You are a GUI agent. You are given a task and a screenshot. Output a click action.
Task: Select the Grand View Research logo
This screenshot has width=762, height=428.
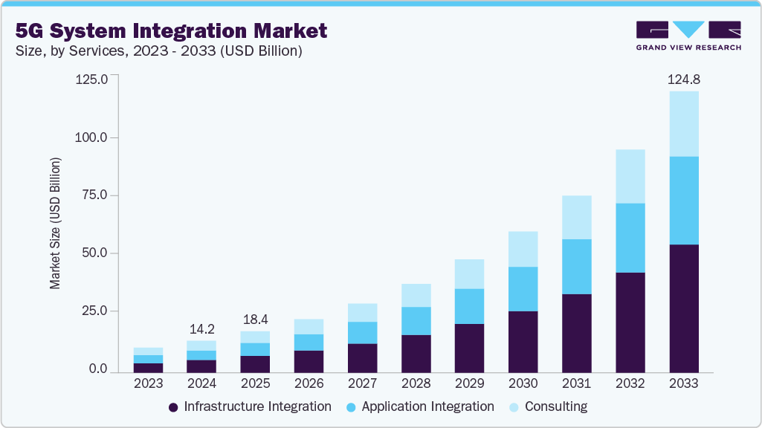pos(688,35)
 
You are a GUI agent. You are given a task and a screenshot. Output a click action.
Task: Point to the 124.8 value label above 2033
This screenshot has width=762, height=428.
pos(683,79)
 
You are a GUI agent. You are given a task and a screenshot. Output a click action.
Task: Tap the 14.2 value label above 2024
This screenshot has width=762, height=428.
pos(201,328)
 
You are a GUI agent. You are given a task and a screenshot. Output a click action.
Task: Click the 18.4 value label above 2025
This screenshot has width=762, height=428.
pos(255,318)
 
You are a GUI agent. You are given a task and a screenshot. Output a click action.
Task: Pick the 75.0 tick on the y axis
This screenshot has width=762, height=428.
pos(93,195)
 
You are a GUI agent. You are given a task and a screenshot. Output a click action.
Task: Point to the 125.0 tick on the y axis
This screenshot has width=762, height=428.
pos(91,80)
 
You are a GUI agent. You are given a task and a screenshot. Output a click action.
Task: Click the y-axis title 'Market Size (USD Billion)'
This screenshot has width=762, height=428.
pos(55,223)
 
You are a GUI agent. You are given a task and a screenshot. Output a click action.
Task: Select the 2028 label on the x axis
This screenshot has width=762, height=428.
pos(416,384)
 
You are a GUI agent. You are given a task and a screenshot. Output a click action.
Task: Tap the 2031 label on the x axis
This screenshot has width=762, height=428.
pos(576,384)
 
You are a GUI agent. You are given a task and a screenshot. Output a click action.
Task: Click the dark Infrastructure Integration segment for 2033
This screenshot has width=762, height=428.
pos(683,308)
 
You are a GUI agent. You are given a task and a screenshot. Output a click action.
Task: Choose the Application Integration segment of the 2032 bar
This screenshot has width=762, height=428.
pos(630,238)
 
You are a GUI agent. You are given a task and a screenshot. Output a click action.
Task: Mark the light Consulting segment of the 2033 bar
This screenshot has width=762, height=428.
pos(683,124)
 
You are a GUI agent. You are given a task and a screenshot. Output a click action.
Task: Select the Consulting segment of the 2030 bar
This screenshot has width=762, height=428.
pos(523,249)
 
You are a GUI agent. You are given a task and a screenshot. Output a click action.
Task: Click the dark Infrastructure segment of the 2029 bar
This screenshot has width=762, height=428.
pos(469,347)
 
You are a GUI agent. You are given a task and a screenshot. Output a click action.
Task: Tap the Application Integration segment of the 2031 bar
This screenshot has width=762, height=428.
pos(576,267)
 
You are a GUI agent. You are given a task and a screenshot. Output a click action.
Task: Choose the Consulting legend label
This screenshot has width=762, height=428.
pos(555,406)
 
